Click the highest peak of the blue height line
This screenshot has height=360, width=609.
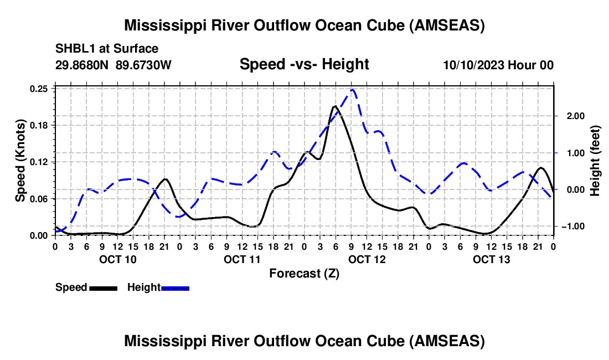tap(353, 90)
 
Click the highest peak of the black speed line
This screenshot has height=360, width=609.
tap(335, 106)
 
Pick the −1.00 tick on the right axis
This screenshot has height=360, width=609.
tap(569, 227)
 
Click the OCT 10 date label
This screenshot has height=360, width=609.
tap(117, 259)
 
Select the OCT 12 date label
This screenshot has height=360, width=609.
tap(367, 259)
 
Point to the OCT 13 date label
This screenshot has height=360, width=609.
tap(492, 259)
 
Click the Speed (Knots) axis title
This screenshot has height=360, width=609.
tap(20, 161)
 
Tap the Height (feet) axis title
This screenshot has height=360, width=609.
tap(595, 161)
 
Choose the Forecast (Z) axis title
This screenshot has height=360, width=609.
tap(304, 274)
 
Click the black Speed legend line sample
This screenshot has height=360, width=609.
tap(103, 288)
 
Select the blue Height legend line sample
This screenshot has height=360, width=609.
tap(176, 288)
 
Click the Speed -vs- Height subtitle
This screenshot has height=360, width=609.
tap(304, 65)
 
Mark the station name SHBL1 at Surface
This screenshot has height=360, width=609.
tap(107, 49)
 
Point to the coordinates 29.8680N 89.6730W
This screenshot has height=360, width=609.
tap(113, 65)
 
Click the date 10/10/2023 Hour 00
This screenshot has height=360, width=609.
tap(498, 65)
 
